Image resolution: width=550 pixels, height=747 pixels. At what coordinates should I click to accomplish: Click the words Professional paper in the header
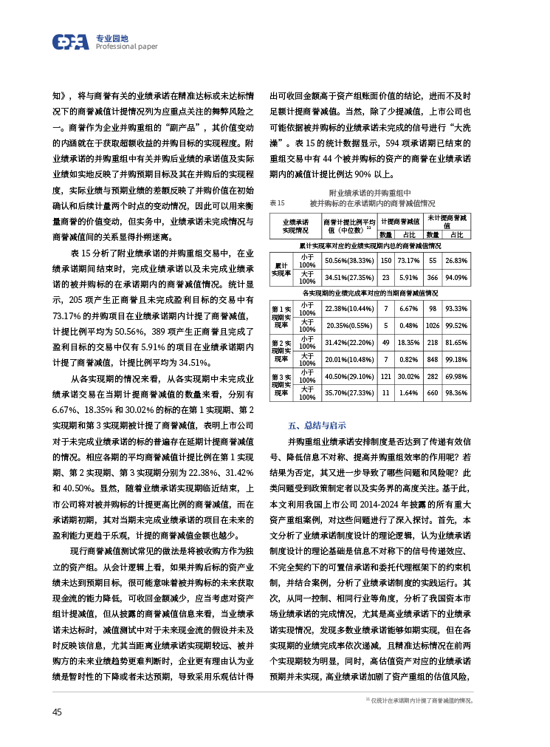click(x=126, y=47)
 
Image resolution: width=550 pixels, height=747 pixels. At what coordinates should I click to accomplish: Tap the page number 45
click(x=57, y=712)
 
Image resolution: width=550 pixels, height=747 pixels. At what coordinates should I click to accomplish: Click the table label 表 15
click(x=277, y=202)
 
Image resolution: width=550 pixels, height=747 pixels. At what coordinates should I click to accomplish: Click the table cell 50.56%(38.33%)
click(x=349, y=260)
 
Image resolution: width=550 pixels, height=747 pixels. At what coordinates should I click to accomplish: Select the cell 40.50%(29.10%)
click(x=349, y=376)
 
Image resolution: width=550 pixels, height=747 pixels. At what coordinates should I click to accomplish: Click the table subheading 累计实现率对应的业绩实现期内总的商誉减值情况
click(x=370, y=245)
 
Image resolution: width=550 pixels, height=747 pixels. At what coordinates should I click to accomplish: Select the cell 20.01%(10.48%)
click(x=349, y=359)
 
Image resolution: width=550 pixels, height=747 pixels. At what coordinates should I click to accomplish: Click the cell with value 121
click(x=385, y=376)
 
